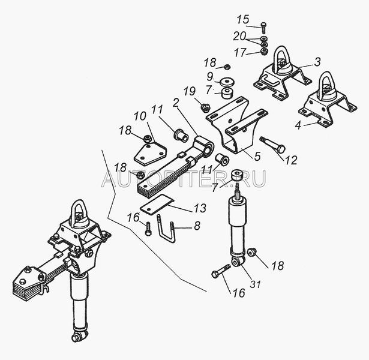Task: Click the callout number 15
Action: [x=242, y=19]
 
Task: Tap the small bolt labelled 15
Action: [x=263, y=28]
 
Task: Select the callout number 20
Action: [x=239, y=37]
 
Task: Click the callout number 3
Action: [x=317, y=62]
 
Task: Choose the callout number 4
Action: [x=298, y=125]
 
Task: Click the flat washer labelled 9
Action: [x=227, y=82]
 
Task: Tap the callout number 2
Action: [x=176, y=103]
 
